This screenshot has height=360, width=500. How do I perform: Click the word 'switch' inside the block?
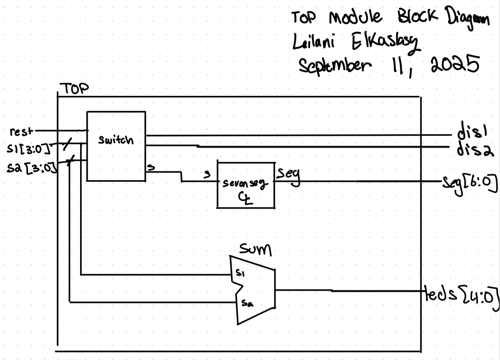coord(116,140)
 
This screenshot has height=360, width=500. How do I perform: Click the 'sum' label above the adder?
coord(255,250)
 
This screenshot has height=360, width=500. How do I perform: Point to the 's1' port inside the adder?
coord(239,273)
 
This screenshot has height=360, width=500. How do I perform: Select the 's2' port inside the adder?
coord(246,303)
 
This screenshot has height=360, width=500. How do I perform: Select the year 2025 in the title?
coord(455,64)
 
